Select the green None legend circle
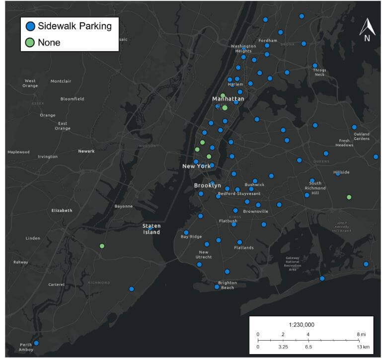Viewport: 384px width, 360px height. (x=30, y=43)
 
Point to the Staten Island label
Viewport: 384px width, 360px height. (x=152, y=229)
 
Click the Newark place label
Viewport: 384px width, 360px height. (x=86, y=151)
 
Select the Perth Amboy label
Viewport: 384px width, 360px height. (x=26, y=347)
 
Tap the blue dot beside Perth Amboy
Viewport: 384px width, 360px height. (x=36, y=343)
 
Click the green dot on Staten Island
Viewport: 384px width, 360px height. (x=102, y=246)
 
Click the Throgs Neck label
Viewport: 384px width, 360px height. (x=319, y=73)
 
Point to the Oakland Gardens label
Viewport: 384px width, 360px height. (x=362, y=136)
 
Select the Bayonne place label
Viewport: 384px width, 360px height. (x=124, y=206)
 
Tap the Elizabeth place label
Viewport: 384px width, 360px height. (x=62, y=210)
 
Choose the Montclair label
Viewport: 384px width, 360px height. (x=61, y=81)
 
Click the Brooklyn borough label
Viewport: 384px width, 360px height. (x=207, y=185)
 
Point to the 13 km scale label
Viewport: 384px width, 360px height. (x=362, y=346)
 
